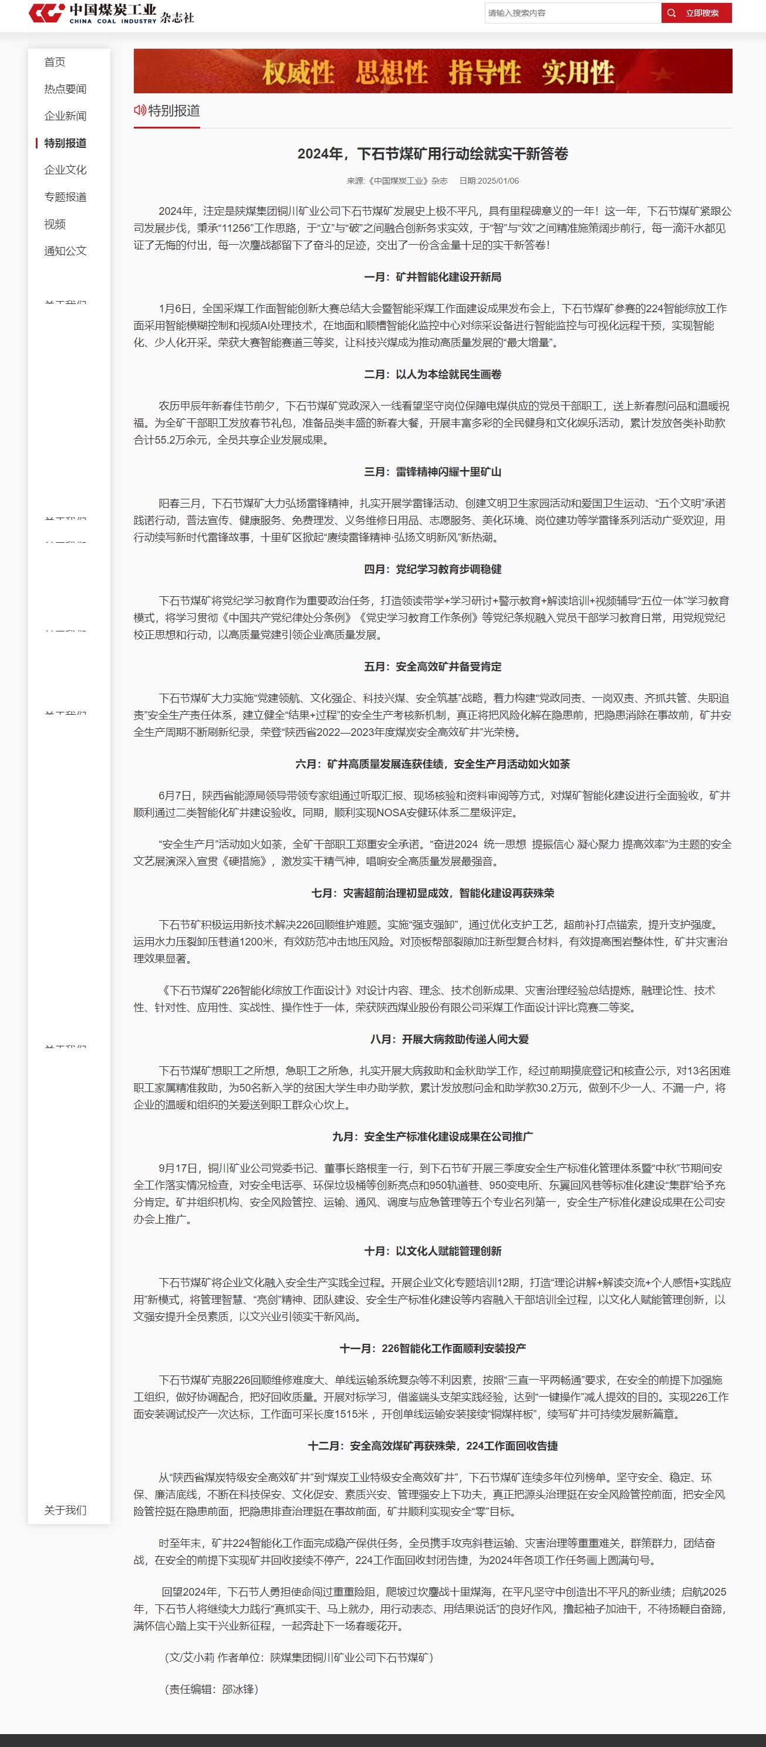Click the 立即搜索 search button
coord(696,13)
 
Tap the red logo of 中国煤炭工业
coord(47,12)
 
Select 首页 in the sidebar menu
coord(55,62)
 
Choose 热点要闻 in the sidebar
coord(65,89)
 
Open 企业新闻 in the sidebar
coord(65,116)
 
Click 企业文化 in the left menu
coord(65,170)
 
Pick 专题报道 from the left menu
coord(65,197)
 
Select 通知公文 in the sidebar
coord(65,251)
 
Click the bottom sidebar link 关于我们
coord(65,1510)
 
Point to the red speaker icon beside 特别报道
coord(140,110)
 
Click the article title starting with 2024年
coord(433,154)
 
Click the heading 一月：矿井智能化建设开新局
coord(433,277)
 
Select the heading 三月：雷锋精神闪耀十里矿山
coord(433,471)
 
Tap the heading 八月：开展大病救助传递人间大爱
coord(449,1039)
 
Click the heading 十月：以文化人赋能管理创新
coord(433,1251)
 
